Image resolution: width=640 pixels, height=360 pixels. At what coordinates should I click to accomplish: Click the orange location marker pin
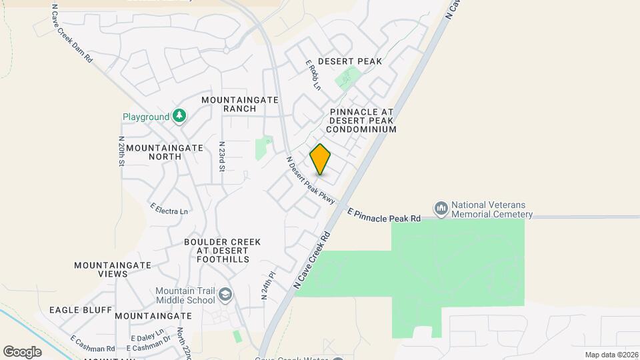321,159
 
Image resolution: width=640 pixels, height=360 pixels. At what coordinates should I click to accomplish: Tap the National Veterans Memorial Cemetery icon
441,209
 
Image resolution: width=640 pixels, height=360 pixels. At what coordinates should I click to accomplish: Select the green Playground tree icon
179,117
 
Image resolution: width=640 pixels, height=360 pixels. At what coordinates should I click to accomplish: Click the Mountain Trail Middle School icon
226,295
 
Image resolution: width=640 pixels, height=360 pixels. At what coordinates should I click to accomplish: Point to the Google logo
22,351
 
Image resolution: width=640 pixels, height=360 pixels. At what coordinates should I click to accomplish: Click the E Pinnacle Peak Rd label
384,214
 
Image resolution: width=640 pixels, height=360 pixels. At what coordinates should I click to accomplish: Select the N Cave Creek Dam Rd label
73,36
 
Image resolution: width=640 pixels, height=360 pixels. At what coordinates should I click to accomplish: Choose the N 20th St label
122,152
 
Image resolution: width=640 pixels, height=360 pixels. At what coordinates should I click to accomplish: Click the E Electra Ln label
169,209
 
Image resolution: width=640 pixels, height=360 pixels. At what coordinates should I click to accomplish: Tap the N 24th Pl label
268,285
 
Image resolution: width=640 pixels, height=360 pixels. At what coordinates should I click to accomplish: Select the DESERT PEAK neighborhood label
349,61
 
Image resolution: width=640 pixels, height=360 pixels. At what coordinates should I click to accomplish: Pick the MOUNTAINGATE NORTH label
153,152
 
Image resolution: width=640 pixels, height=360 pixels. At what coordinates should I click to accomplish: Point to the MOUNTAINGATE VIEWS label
101,269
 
